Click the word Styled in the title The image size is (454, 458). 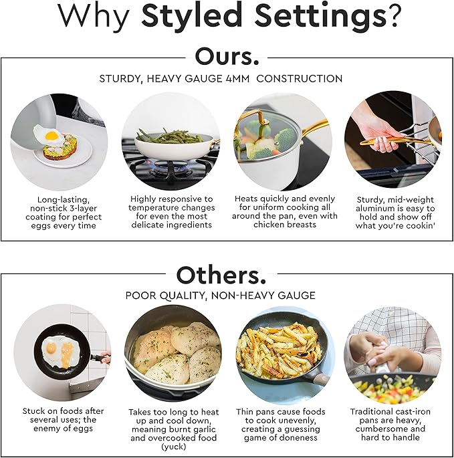coord(192,15)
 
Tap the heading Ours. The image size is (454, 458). coord(227,56)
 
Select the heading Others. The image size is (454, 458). coord(221,275)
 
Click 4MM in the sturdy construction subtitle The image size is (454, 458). coord(237,79)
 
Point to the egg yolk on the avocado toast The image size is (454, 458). coord(51,135)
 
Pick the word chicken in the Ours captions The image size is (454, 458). coord(268,225)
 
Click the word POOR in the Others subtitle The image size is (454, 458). coord(138,296)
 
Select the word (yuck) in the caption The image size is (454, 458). coord(174,447)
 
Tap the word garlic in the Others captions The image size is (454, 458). coord(201,429)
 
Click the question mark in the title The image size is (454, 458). coord(390,15)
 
